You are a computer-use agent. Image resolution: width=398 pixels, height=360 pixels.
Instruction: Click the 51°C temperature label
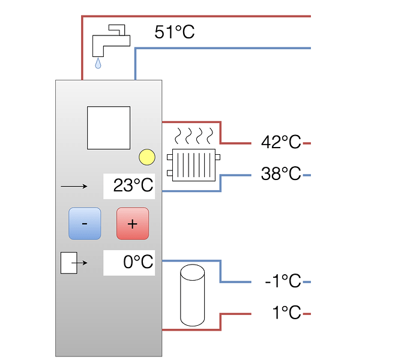[x=174, y=32]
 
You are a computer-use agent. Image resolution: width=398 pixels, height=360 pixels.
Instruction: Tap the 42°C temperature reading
[x=281, y=142]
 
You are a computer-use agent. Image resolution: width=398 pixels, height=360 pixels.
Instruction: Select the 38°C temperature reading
[x=281, y=173]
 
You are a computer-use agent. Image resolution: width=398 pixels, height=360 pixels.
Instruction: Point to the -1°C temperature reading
[x=283, y=281]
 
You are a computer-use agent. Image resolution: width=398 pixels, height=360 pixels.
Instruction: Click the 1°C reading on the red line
[x=286, y=313]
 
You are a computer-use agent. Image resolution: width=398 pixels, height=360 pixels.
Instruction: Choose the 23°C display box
[x=129, y=186]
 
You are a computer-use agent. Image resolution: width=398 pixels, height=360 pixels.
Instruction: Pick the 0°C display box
[x=129, y=263]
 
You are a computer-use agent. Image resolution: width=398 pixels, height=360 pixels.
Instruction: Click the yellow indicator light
[x=147, y=157]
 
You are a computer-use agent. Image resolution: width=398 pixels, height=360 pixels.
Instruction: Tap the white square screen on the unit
[x=109, y=128]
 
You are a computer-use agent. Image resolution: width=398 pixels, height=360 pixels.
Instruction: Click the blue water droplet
[x=98, y=64]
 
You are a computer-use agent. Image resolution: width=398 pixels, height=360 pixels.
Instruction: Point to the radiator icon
[x=194, y=165]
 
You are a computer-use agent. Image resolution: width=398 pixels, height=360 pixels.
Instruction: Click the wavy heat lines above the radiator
[x=194, y=136]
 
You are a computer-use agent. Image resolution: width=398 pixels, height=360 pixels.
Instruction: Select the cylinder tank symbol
[x=193, y=295]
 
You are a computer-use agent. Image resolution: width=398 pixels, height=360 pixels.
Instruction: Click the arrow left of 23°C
[x=74, y=187]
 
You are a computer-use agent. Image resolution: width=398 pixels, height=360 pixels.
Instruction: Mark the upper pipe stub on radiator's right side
[x=217, y=157]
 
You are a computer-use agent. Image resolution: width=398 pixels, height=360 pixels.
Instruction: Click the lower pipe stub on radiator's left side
[x=170, y=173]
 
